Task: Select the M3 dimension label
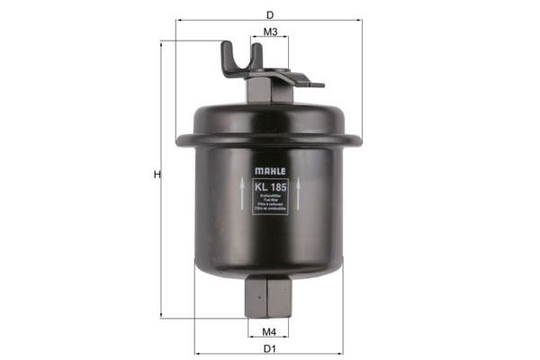270,31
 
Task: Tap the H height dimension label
156,175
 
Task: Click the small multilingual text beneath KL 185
270,203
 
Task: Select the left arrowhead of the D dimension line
179,20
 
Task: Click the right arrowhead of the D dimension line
361,20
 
